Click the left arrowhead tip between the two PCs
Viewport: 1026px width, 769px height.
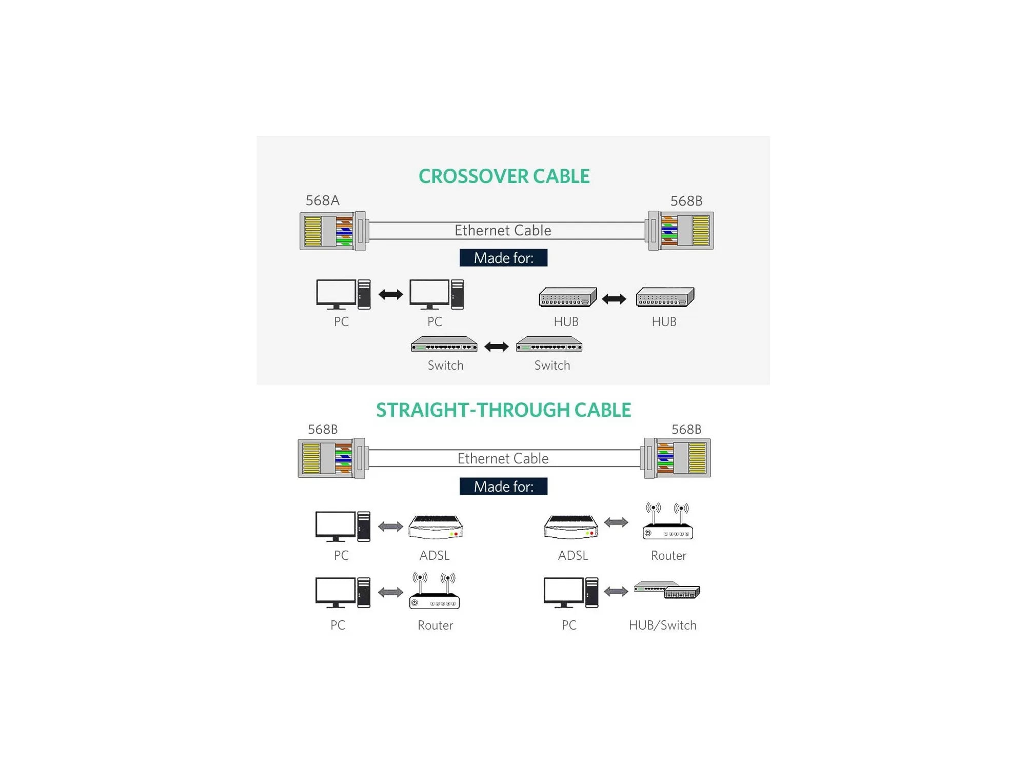click(379, 294)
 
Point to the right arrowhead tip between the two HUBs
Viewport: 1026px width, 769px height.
click(626, 299)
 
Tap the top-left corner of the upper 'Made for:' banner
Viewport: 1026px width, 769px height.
click(460, 249)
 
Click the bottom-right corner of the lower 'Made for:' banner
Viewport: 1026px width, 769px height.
click(547, 495)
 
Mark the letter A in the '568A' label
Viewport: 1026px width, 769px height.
click(334, 200)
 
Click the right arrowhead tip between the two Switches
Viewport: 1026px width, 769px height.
click(509, 347)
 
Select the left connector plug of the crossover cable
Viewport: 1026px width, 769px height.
click(333, 231)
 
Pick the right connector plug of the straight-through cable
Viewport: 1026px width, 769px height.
click(677, 458)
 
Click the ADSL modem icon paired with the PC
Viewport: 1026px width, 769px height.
click(436, 527)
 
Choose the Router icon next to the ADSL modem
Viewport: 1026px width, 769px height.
click(667, 521)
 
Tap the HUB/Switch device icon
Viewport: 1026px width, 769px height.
click(666, 590)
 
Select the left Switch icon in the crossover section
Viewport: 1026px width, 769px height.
click(444, 344)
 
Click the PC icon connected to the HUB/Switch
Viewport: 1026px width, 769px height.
click(571, 593)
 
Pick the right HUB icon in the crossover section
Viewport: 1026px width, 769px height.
click(665, 297)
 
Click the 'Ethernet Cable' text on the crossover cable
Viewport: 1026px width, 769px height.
click(503, 231)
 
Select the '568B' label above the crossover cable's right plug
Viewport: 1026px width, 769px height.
click(686, 201)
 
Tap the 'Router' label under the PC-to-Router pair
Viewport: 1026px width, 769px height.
click(435, 625)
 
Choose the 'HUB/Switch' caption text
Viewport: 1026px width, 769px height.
click(663, 625)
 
